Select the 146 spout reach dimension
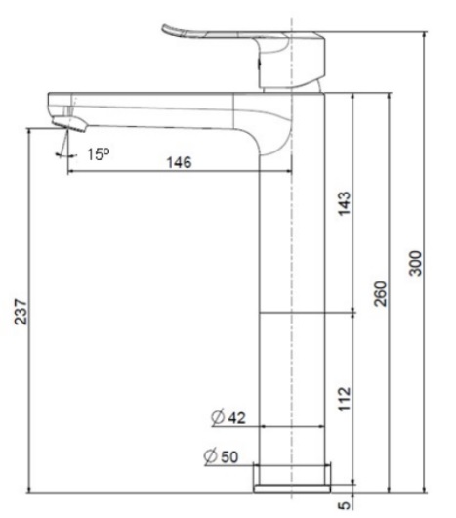pos(177,164)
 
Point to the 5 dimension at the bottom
pos(343,505)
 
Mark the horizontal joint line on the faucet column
pos(290,313)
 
